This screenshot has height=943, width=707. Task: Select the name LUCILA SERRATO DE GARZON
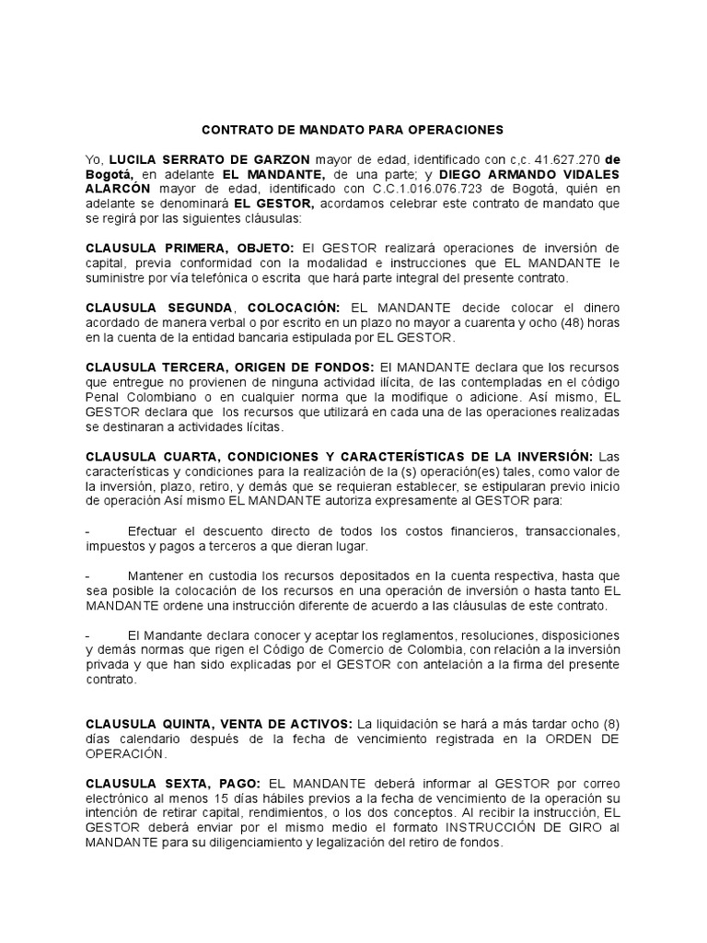pos(209,160)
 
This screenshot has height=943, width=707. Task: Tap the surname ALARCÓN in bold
pos(117,190)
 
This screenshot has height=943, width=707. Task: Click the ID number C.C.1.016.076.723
pos(426,190)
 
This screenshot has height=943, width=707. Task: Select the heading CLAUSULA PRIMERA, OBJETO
pos(190,249)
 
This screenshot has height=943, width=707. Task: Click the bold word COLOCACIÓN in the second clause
pos(292,308)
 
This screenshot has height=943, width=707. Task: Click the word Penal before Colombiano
pos(103,396)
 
